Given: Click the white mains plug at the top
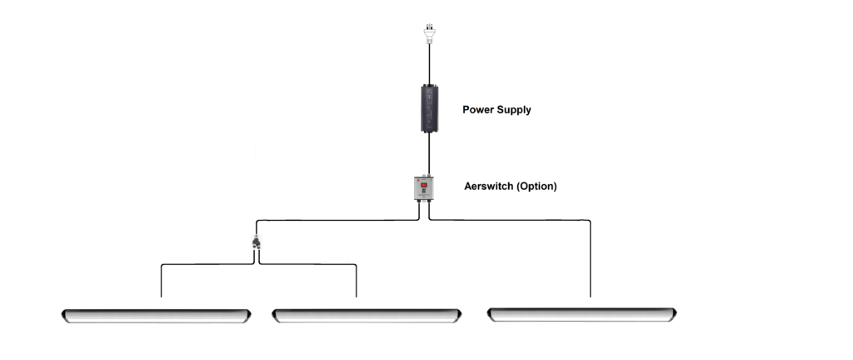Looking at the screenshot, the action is (429, 33).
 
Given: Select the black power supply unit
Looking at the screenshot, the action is (429, 109).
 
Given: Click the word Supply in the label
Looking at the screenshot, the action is (513, 110).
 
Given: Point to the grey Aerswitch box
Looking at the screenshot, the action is (424, 188).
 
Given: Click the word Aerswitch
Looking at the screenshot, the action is (488, 186).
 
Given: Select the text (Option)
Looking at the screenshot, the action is (536, 186).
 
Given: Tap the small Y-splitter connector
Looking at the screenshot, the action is (257, 242).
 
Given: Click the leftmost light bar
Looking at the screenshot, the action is (156, 316).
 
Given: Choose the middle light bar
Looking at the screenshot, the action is (367, 316).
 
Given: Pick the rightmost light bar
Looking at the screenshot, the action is (581, 314).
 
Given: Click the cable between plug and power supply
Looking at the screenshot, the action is (429, 64).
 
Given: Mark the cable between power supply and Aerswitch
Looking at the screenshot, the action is (429, 154).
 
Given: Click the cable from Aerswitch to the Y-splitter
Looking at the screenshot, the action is (337, 220).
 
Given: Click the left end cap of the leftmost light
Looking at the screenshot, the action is (65, 316).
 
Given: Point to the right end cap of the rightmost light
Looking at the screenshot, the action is (673, 314).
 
